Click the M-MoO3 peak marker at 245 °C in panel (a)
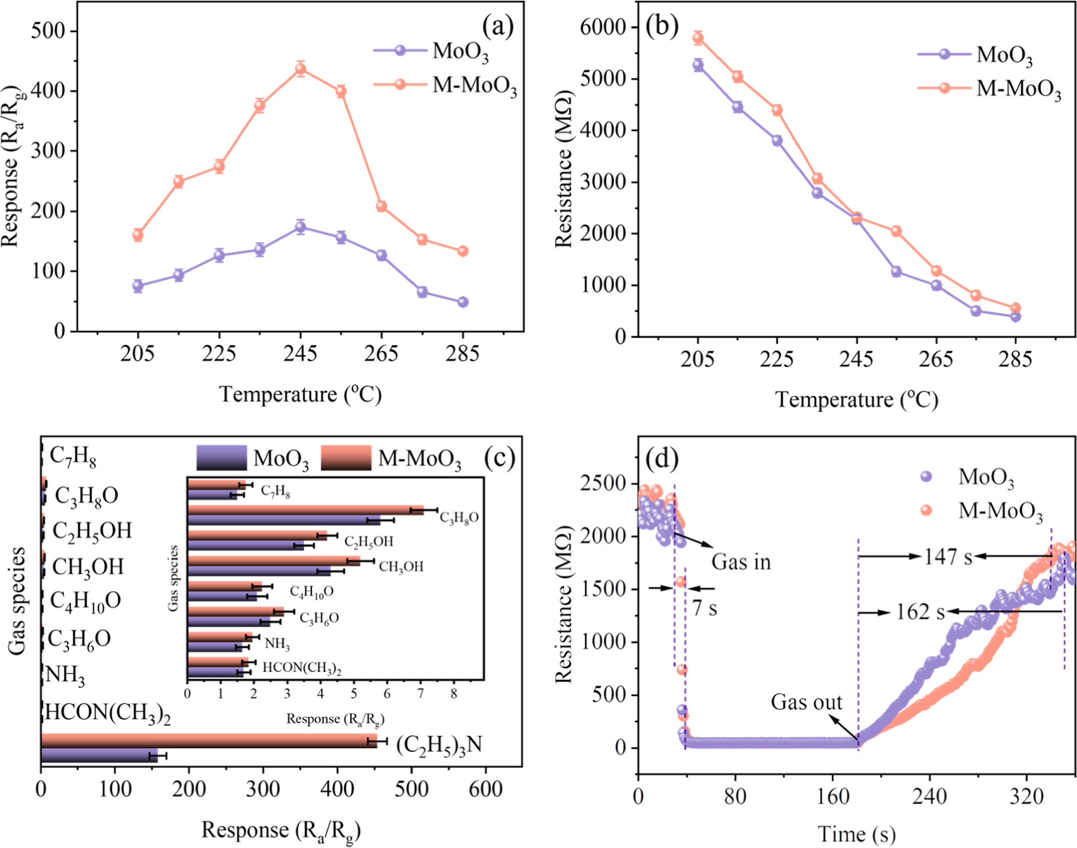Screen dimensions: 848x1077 (x=300, y=69)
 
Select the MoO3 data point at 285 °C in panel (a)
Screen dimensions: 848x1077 (x=463, y=302)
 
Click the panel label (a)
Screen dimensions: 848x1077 (x=497, y=27)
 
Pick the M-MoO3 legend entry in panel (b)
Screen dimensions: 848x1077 (x=1018, y=89)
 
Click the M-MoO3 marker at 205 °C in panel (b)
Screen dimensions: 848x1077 (x=698, y=39)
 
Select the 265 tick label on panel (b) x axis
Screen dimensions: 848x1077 (x=936, y=360)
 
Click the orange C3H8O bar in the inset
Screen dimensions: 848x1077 (x=306, y=510)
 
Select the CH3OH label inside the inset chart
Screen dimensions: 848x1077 (x=401, y=567)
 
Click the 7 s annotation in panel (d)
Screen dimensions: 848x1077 (x=704, y=608)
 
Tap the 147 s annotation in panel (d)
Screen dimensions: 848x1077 (x=948, y=557)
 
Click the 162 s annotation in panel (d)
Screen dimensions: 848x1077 (x=920, y=611)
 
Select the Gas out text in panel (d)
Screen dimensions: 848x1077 (x=806, y=702)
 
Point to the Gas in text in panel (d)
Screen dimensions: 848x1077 (x=741, y=561)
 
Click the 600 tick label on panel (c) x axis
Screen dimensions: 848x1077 (x=485, y=789)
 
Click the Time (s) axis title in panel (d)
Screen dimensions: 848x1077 (x=856, y=834)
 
